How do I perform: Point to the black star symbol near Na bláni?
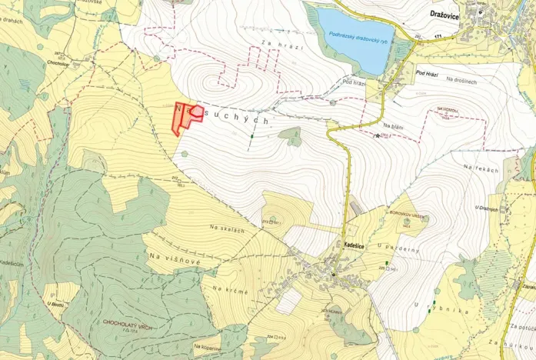pyautogui.click(x=377, y=136)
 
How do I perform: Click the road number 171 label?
pyautogui.click(x=438, y=36)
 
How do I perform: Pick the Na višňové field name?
pyautogui.click(x=175, y=258)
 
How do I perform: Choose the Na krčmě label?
pyautogui.click(x=228, y=288)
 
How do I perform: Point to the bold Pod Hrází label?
pyautogui.click(x=431, y=73)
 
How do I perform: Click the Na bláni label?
pyautogui.click(x=393, y=125)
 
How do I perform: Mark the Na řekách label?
pyautogui.click(x=481, y=168)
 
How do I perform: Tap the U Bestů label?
pyautogui.click(x=56, y=305)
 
